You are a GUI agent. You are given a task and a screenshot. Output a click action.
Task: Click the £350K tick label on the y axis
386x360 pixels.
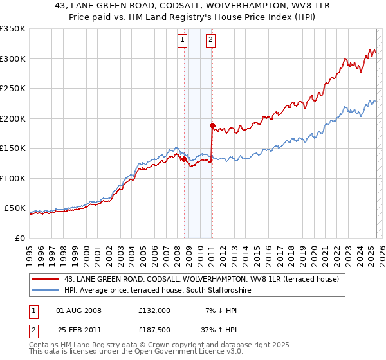click(12, 29)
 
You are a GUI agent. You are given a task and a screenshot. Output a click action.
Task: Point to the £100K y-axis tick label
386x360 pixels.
click(12, 178)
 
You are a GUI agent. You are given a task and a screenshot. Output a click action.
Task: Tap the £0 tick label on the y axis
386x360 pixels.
click(19, 238)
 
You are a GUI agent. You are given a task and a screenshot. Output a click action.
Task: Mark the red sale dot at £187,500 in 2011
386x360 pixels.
click(212, 125)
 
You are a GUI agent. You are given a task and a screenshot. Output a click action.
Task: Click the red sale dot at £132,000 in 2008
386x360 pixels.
click(184, 159)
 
